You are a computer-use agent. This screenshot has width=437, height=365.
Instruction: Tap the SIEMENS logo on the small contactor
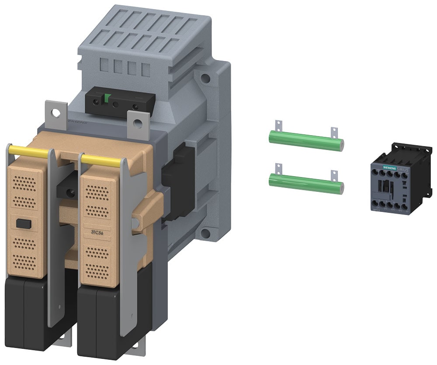point(384,167)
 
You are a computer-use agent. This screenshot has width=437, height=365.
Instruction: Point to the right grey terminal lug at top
point(138,125)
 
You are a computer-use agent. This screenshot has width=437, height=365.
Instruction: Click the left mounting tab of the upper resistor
point(276,126)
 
